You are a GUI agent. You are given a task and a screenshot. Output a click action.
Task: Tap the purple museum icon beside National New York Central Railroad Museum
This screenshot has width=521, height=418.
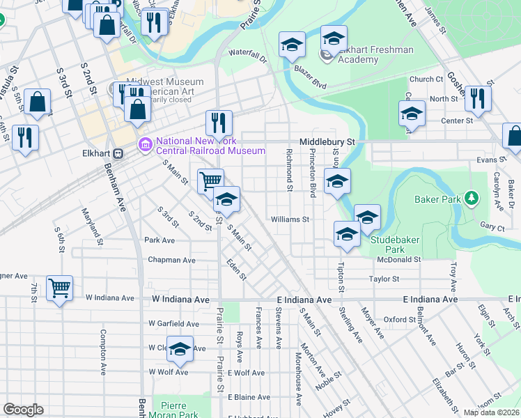[x=146, y=145]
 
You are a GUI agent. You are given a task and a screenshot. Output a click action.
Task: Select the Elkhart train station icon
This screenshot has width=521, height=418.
[x=118, y=153]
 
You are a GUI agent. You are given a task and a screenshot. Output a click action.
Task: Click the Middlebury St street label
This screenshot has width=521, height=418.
[x=327, y=141]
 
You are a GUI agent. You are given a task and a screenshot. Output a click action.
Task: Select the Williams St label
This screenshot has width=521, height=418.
[x=290, y=219]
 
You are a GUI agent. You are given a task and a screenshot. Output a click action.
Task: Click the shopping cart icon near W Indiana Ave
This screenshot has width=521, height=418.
[x=60, y=286]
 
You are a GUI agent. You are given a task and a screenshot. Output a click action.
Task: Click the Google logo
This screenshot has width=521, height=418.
[x=23, y=410]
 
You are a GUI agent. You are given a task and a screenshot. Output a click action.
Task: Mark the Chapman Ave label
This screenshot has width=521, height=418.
[x=171, y=260]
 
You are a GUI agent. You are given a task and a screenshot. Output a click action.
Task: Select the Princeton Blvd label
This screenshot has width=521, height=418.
[x=313, y=173]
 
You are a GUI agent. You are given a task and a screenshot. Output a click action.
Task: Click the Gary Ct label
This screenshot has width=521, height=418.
[x=492, y=227]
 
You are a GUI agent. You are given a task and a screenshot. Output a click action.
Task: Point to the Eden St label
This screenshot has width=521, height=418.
[x=236, y=270]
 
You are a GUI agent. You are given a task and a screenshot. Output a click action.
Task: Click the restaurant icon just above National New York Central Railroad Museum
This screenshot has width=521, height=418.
[x=219, y=123]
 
